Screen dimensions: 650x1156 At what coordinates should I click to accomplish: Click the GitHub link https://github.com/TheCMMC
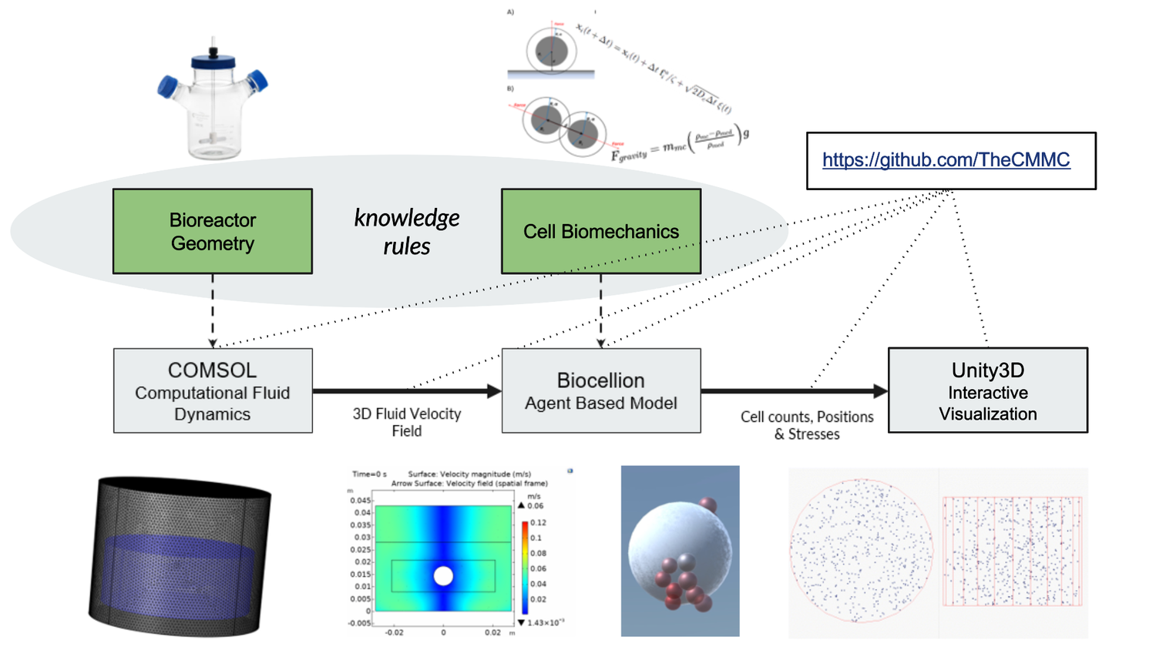(x=946, y=160)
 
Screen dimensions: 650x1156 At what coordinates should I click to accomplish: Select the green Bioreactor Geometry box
(x=213, y=231)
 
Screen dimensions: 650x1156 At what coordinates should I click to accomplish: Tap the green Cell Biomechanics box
(x=601, y=231)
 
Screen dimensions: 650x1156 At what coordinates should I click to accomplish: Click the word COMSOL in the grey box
(x=212, y=370)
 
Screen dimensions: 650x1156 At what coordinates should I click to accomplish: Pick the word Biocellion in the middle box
(x=600, y=380)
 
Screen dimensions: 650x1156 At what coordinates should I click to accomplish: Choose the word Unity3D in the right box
(x=987, y=370)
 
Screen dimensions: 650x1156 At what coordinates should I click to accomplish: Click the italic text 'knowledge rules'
(x=407, y=232)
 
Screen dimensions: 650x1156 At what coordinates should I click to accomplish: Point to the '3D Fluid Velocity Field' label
(x=407, y=422)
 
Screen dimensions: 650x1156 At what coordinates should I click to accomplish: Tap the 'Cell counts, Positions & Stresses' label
(x=807, y=425)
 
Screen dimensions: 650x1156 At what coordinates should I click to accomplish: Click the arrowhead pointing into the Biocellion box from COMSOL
(x=495, y=391)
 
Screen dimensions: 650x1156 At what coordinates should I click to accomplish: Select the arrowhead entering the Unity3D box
(x=880, y=391)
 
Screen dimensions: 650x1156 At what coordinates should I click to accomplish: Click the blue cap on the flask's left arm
(x=167, y=85)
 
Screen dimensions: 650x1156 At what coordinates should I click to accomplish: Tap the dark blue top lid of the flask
(x=213, y=59)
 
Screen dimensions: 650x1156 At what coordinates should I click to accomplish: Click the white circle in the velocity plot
(x=443, y=576)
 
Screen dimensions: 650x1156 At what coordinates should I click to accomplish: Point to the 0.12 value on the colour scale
(x=537, y=523)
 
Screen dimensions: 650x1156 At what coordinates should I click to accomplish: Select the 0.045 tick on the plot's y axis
(x=361, y=501)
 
